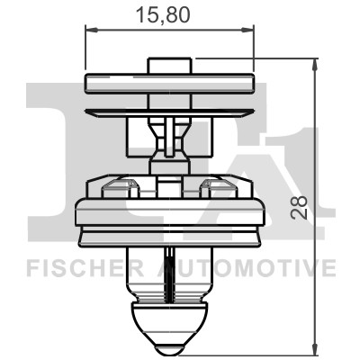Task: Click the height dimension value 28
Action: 301,207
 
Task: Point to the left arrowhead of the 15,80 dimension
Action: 90,30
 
